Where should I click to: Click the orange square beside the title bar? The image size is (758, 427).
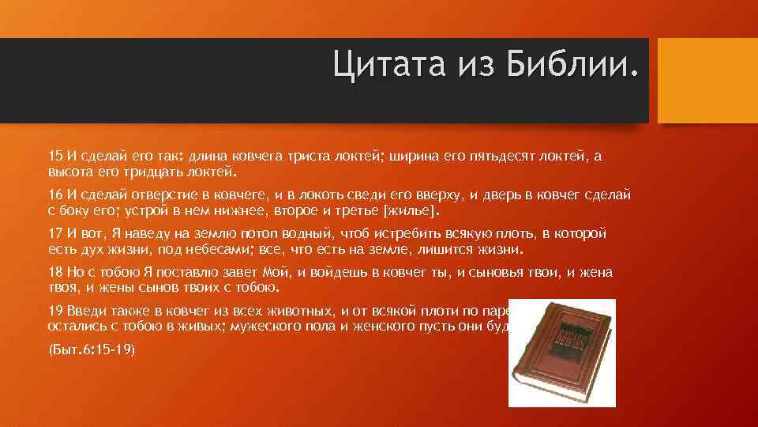(707, 81)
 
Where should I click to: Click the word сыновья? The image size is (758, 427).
(494, 273)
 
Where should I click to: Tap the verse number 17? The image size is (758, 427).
(55, 235)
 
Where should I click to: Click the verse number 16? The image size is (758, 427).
(55, 195)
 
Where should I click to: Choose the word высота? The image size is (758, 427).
(70, 171)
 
